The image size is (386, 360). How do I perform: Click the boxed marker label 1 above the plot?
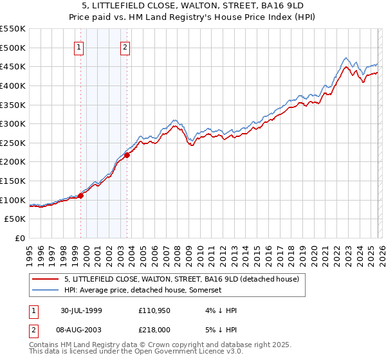click(x=78, y=46)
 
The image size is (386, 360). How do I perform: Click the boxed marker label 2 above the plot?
click(x=125, y=46)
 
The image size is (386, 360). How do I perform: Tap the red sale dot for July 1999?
click(x=81, y=195)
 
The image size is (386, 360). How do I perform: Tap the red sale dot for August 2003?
click(x=127, y=155)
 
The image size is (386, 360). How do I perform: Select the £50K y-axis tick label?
click(x=15, y=219)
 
